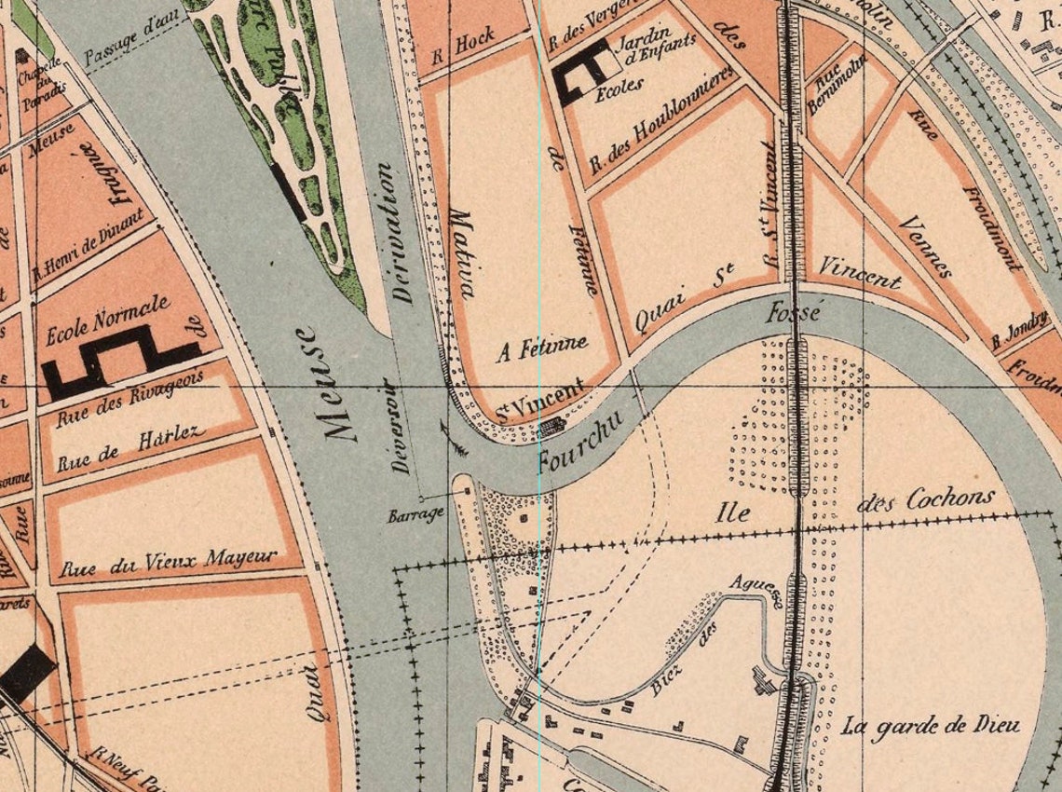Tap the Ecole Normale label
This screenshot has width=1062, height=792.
pyautogui.click(x=107, y=319)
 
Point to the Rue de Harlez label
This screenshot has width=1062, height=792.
pyautogui.click(x=129, y=448)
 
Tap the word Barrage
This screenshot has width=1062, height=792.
pyautogui.click(x=415, y=514)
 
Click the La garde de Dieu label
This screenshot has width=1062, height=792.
pyautogui.click(x=930, y=725)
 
